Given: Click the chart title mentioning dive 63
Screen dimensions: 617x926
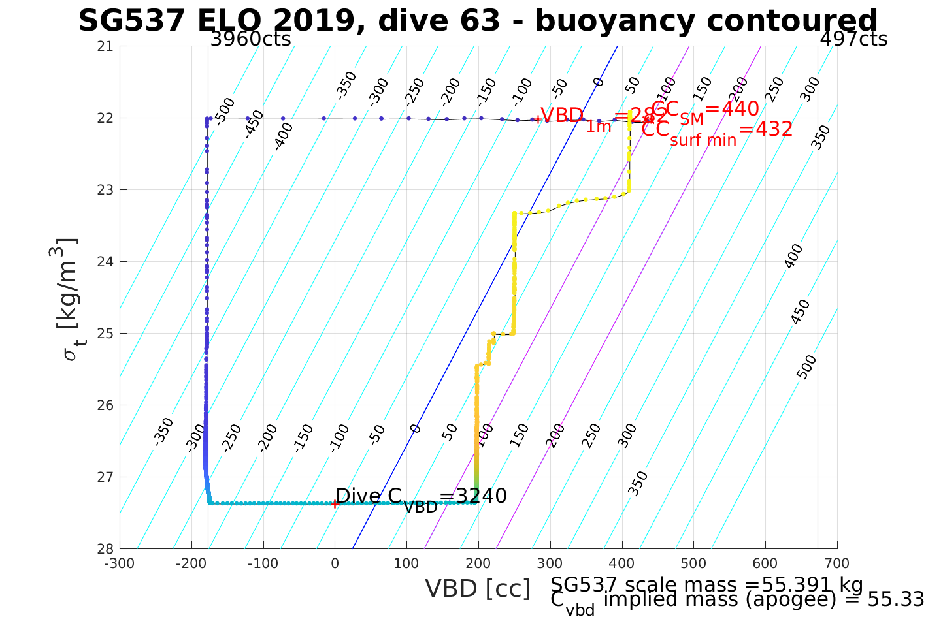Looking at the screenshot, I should tap(478, 21).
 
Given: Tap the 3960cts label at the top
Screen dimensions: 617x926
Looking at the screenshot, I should tap(250, 39).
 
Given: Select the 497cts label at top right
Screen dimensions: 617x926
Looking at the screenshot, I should tap(853, 39).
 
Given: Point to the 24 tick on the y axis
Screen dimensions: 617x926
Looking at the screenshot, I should tap(105, 262).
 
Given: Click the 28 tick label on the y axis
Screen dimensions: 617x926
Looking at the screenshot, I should tap(105, 548).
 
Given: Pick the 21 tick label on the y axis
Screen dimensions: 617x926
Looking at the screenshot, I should tap(105, 46).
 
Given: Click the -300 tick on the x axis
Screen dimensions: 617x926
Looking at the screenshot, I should tap(120, 563).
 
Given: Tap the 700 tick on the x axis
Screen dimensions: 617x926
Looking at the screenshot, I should tap(837, 563).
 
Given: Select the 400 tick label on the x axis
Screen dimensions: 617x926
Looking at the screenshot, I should tap(621, 563).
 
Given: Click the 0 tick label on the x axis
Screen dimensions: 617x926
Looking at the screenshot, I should tap(335, 563).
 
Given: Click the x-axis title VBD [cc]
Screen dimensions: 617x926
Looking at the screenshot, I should tap(478, 589).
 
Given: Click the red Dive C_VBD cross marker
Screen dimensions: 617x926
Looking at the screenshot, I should tap(335, 503).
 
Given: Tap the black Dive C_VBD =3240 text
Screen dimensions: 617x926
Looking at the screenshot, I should tap(421, 498).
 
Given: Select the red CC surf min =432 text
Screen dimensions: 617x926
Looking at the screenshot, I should tap(716, 131).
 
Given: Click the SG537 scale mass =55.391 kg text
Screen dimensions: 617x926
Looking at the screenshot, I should tap(706, 584).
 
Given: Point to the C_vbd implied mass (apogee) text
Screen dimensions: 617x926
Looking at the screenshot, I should tap(736, 600).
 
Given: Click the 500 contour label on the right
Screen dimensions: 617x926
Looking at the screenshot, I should tap(807, 367).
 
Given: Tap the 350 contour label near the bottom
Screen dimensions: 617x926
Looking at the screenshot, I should tap(640, 483).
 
